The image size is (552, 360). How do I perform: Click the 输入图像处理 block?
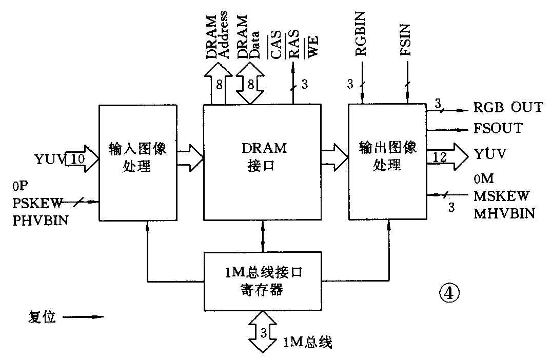[x=136, y=162]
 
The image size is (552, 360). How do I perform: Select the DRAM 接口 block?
[x=263, y=162]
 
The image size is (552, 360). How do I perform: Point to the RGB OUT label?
[x=508, y=108]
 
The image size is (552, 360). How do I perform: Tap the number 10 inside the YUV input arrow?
[x=76, y=159]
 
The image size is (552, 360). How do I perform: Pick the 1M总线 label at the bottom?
[x=307, y=342]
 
